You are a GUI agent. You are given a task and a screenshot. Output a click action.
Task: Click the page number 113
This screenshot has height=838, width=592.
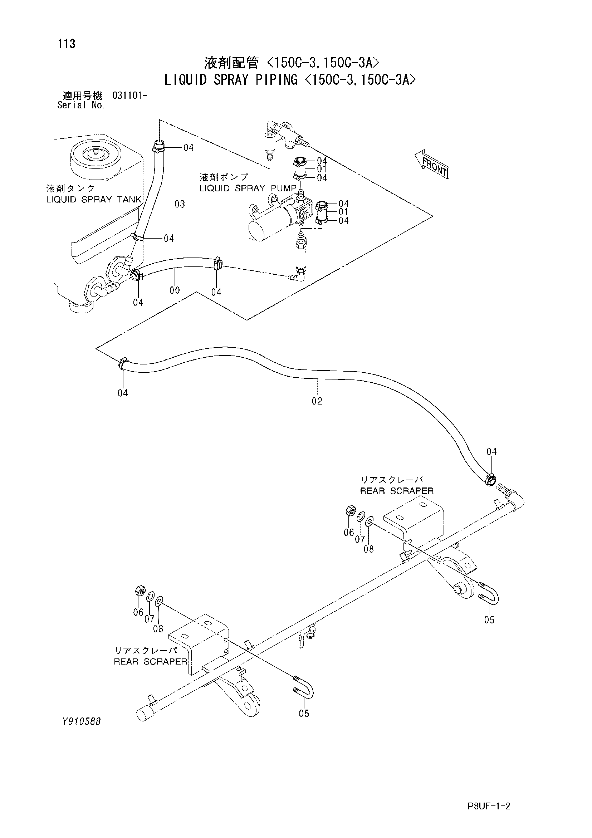(67, 44)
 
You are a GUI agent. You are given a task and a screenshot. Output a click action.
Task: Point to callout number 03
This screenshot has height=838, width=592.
(180, 204)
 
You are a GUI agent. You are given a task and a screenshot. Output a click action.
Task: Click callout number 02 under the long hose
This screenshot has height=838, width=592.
(317, 401)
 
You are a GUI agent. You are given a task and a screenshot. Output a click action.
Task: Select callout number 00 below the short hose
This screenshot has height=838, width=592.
(175, 290)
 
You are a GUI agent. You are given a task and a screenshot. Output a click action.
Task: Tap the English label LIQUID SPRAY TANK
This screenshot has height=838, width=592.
(94, 199)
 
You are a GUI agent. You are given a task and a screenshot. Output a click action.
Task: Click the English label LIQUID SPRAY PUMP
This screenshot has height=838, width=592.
(248, 188)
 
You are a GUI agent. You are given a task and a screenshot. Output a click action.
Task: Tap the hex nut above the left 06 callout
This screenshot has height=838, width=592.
(140, 590)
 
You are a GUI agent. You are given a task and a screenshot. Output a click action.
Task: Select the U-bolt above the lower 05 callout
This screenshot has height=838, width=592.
(304, 688)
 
